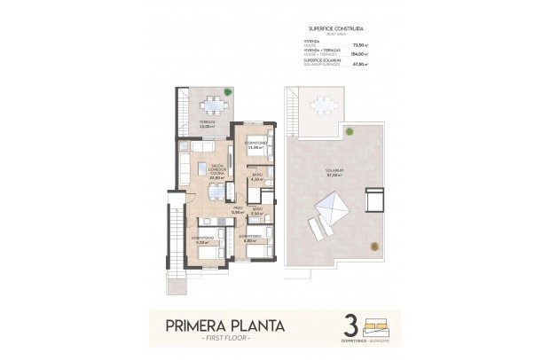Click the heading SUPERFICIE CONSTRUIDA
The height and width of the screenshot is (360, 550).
[x=334, y=27]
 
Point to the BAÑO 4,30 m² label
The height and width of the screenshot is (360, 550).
[x=256, y=176]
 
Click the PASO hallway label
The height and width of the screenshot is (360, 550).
[x=237, y=210]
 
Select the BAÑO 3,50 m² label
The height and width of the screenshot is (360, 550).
[x=256, y=211]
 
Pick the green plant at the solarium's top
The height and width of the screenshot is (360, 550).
[x=349, y=132]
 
